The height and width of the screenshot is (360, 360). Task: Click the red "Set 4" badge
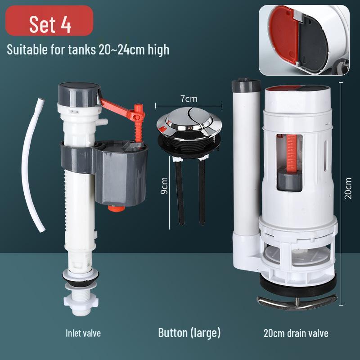[50, 24]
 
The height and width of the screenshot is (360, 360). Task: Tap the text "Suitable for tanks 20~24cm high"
[88, 49]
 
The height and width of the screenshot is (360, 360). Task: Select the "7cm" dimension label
[189, 98]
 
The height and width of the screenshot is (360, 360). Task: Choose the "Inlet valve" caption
[83, 333]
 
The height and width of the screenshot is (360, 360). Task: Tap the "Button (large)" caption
[189, 333]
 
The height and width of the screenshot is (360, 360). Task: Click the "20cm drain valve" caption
[296, 333]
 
